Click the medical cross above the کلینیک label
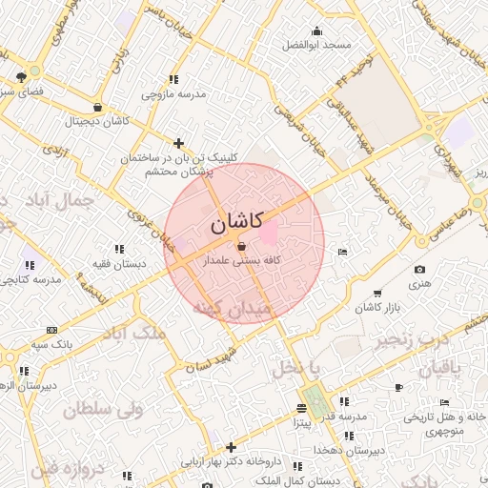pos(178,143)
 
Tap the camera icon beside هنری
pos(420,270)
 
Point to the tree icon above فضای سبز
pos(22,76)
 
